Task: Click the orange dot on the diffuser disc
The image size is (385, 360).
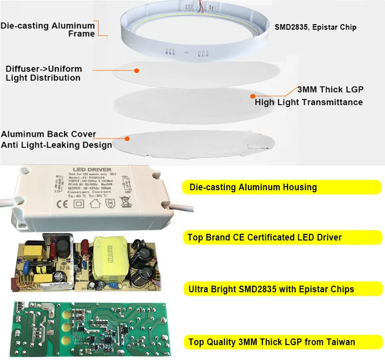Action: pyautogui.click(x=137, y=70)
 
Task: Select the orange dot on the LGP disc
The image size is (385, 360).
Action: pyautogui.click(x=252, y=96)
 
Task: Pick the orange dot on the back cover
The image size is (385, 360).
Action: pyautogui.click(x=127, y=137)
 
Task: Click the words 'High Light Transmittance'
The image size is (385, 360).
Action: pyautogui.click(x=309, y=102)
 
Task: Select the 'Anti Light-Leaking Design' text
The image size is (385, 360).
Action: pyautogui.click(x=56, y=145)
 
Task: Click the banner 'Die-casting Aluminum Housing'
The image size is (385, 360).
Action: pyautogui.click(x=253, y=187)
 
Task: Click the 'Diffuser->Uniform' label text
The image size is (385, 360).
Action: pyautogui.click(x=43, y=69)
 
